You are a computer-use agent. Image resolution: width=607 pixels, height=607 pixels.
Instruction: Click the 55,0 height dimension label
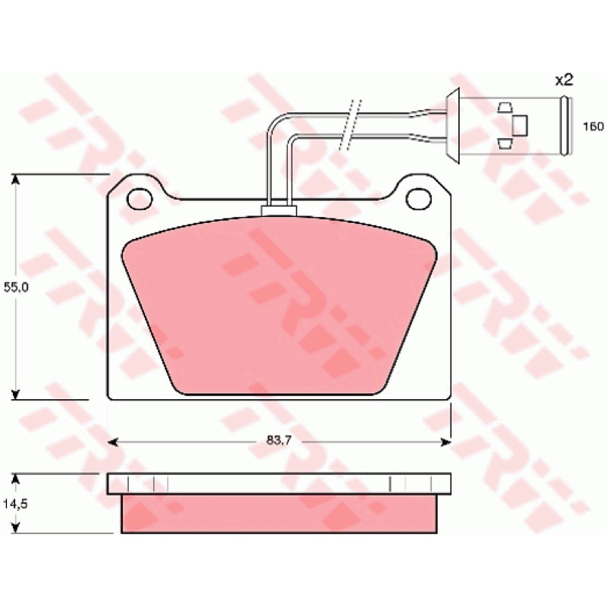[x=16, y=288]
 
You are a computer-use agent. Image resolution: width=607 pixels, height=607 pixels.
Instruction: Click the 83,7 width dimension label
[x=278, y=440]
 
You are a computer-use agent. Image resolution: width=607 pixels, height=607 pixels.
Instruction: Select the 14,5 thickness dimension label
[x=15, y=504]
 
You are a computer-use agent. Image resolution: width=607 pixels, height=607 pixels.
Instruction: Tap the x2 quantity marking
[x=564, y=80]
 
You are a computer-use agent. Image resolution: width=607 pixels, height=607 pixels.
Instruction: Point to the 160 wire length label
[x=593, y=126]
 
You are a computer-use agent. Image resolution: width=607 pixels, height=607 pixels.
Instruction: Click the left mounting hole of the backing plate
[x=140, y=199]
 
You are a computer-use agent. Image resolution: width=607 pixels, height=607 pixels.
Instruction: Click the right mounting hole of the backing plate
[x=419, y=198]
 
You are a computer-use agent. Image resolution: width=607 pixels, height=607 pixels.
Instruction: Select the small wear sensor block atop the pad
[x=278, y=211]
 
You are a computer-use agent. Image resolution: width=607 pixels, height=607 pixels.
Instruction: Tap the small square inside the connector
[x=520, y=125]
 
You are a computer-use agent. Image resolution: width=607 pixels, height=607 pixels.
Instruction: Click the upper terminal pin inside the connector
[x=505, y=108]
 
